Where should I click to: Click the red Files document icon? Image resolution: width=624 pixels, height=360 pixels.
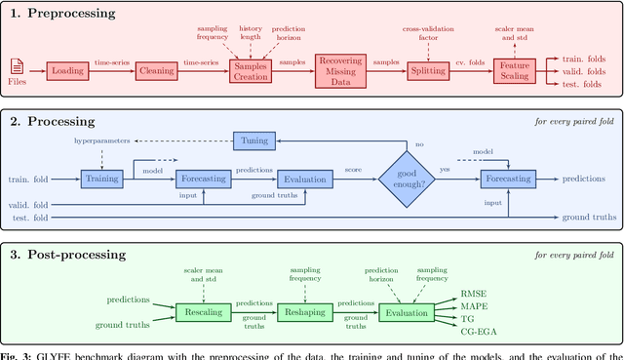tap(17, 66)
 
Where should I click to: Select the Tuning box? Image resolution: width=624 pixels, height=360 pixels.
tap(255, 140)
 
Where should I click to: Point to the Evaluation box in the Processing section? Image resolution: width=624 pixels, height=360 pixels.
tap(306, 179)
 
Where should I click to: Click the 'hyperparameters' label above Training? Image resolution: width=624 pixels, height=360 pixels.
tap(102, 140)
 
